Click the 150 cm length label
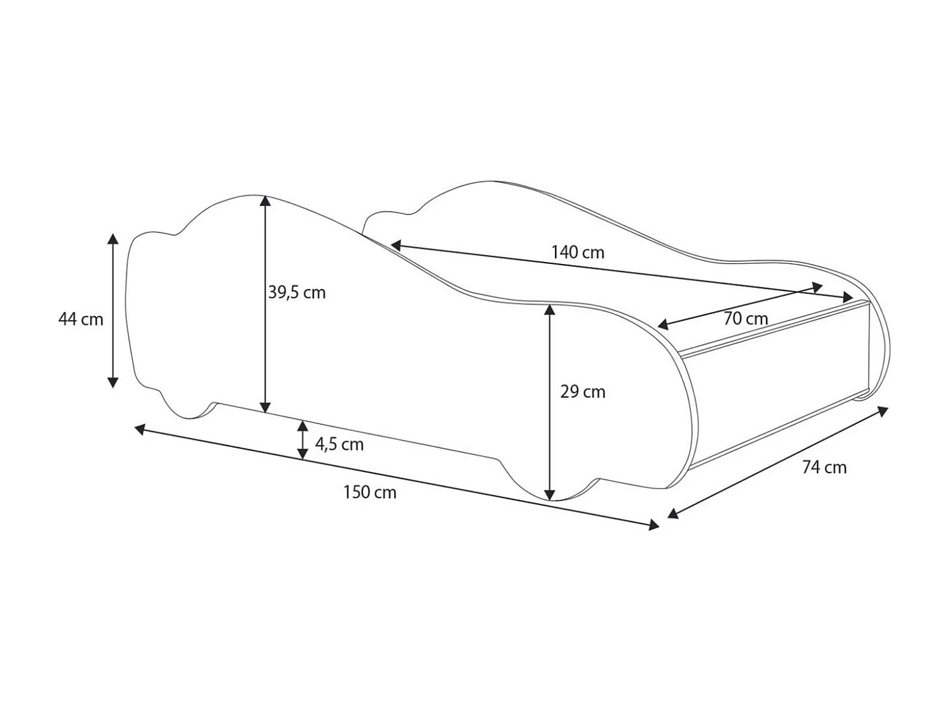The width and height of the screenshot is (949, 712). point(369,492)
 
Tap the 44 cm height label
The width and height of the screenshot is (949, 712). point(80,319)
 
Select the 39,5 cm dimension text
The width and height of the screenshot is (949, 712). point(297,292)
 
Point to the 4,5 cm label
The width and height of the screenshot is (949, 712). point(339,444)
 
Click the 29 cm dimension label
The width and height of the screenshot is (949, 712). point(583,392)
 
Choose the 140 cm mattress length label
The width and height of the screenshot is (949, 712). point(578,253)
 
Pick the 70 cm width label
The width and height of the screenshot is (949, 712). point(745,318)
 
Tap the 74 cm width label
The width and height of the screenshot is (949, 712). point(824,467)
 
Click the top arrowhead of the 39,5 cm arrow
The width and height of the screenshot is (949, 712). point(266,201)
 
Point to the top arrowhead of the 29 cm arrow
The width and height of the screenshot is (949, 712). point(550,309)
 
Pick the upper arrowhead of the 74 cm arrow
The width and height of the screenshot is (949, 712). point(883,411)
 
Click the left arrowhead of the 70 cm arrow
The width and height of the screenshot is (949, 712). point(663,325)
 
